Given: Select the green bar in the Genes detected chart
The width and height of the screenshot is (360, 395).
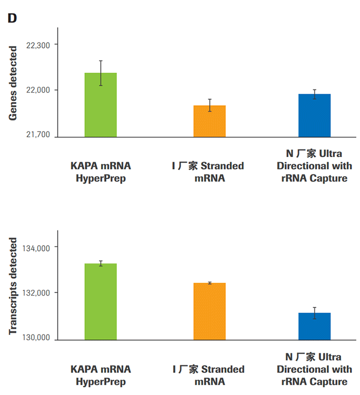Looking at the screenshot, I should tap(101, 105).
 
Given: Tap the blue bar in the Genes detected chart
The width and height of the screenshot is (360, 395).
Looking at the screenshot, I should tap(314, 116).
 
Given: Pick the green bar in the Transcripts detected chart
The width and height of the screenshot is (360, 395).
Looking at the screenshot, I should tap(101, 301).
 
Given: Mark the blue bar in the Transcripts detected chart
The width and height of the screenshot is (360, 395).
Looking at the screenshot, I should tap(314, 326).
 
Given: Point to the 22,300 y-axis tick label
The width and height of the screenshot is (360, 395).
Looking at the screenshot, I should tap(37, 46).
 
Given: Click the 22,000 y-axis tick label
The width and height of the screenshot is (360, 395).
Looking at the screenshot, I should tap(37, 90).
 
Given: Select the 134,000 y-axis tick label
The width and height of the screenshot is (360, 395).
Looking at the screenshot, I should tap(35, 248).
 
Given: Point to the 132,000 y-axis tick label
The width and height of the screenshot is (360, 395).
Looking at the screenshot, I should tap(35, 293).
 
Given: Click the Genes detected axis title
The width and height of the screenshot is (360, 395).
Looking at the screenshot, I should tap(13, 83).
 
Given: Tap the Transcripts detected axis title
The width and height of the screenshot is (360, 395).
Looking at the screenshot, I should tap(13, 286).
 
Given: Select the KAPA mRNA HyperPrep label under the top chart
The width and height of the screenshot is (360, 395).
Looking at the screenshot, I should tap(101, 172).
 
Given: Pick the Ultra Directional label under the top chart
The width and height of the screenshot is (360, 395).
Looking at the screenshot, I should tap(314, 166).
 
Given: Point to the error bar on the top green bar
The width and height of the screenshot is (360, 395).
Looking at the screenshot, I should tap(101, 73).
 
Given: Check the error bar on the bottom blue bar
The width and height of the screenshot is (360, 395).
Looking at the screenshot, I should tap(314, 313).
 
